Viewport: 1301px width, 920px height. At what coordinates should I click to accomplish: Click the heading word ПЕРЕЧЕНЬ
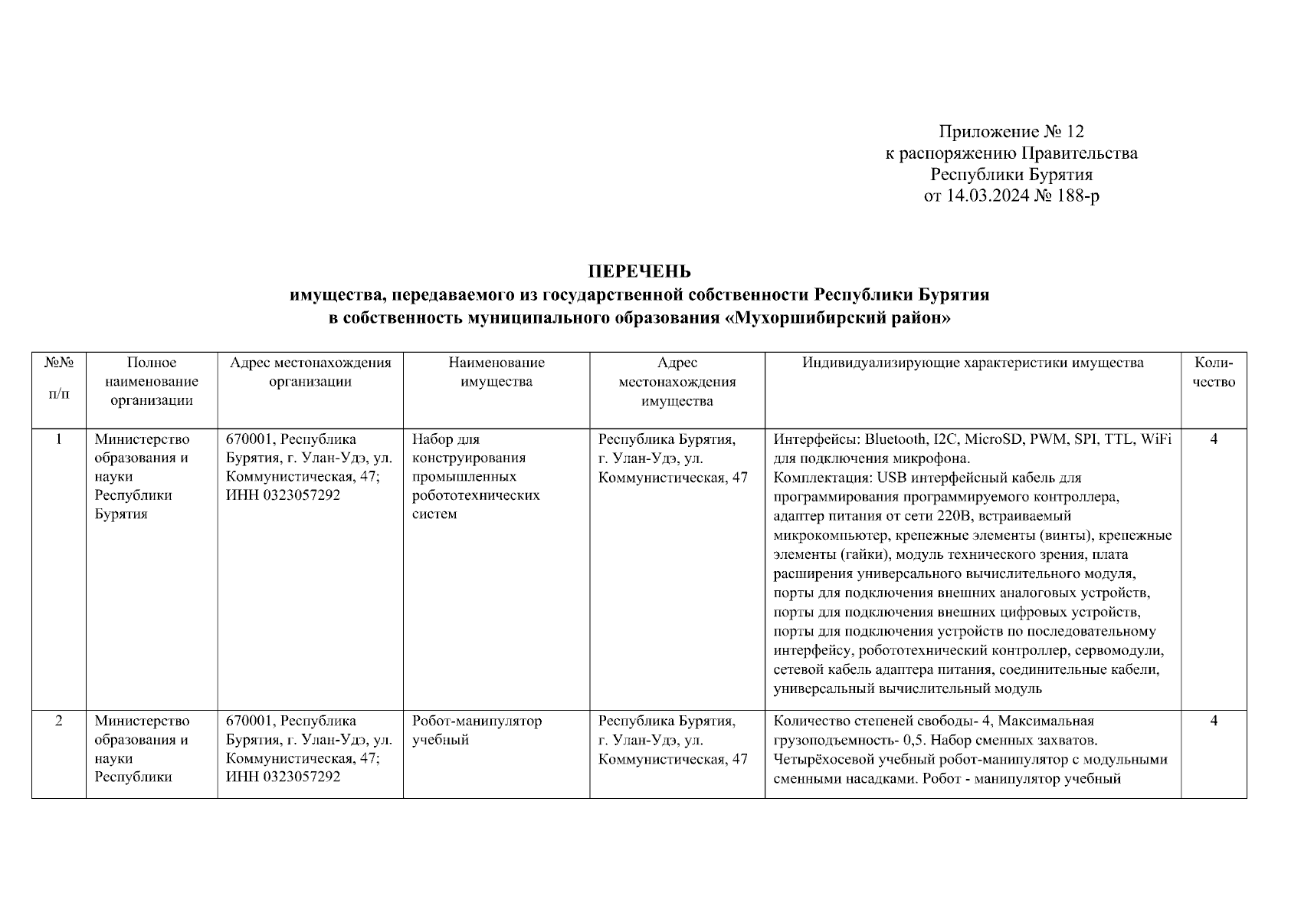click(639, 271)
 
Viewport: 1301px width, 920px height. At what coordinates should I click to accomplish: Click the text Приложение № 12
click(1011, 132)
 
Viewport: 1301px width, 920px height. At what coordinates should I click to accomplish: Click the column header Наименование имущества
click(496, 372)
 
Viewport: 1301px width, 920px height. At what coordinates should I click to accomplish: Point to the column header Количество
click(1214, 372)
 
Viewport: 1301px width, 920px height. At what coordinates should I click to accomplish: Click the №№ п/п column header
click(58, 377)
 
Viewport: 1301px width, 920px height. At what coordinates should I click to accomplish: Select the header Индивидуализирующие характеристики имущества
click(972, 363)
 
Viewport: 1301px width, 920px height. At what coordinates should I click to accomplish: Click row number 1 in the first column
click(58, 439)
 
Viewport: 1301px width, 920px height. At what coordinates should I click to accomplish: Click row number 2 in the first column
click(58, 721)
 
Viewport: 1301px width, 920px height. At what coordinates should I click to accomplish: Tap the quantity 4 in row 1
click(1214, 439)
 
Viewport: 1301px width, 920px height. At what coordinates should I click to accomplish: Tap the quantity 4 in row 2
click(1214, 721)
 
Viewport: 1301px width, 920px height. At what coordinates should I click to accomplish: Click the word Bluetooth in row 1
click(896, 439)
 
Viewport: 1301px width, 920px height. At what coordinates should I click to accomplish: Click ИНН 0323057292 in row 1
click(283, 495)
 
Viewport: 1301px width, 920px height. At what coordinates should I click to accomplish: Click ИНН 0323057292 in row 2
click(283, 777)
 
